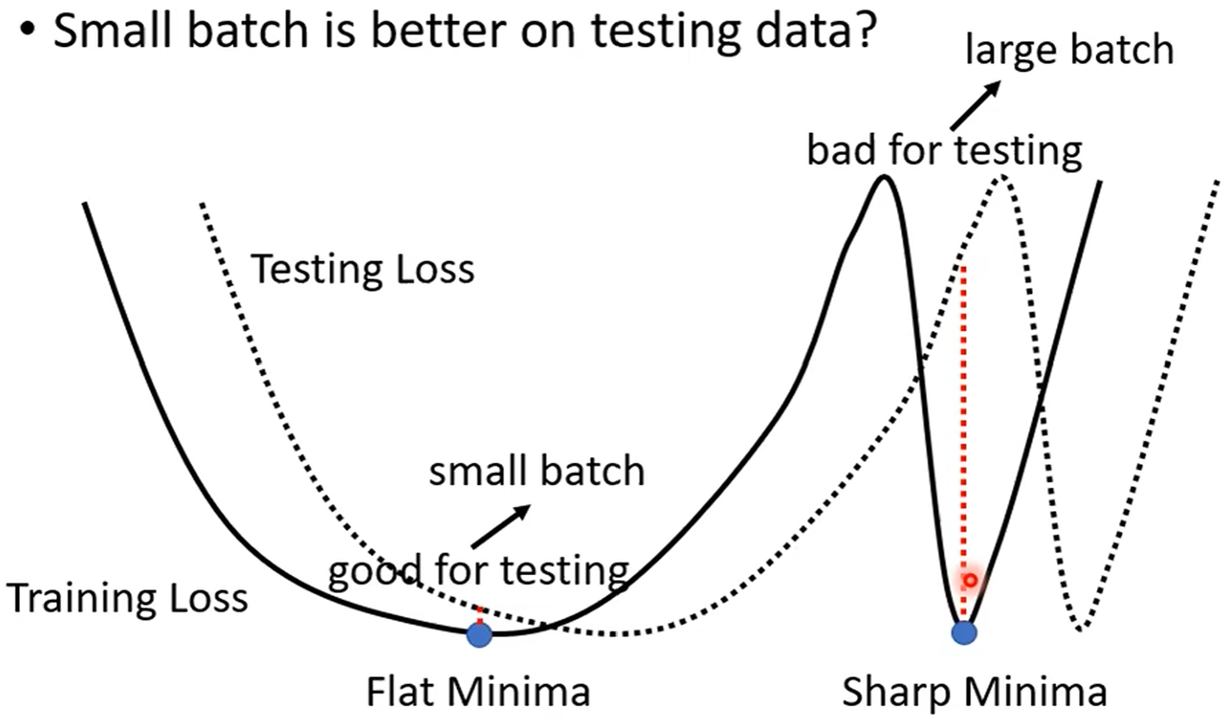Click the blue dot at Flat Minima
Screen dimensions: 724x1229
coord(479,635)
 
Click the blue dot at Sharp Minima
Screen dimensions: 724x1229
coord(964,632)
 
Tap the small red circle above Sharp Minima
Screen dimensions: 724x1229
coord(970,580)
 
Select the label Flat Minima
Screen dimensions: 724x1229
coord(478,692)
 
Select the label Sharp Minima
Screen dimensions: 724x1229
coord(974,692)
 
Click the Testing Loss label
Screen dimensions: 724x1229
coord(363,269)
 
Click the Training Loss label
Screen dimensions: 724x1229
coord(127,599)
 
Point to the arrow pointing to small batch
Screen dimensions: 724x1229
coord(500,526)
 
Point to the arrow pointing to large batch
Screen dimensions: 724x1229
coord(974,105)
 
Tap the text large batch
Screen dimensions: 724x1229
coord(1069,50)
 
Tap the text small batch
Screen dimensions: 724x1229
coord(536,471)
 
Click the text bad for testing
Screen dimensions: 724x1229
coord(944,150)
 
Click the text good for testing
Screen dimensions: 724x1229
coord(479,570)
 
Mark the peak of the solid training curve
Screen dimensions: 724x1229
coord(885,177)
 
